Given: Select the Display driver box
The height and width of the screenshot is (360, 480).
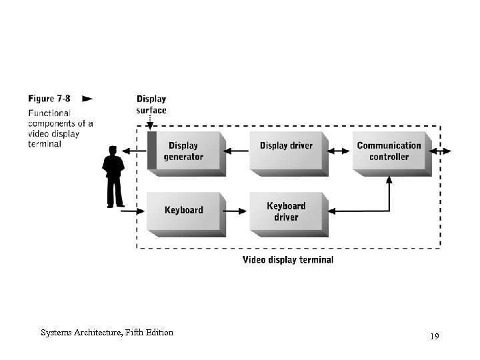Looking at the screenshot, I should click(287, 151).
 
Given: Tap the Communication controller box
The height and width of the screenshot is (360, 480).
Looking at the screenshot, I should click(389, 151).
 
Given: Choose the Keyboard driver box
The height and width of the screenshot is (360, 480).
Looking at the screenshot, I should click(287, 211).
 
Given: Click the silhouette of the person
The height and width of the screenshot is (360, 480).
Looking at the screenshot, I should click(114, 177).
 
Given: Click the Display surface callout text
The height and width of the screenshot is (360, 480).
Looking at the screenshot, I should click(151, 105).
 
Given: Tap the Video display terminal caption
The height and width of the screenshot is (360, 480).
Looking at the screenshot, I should click(287, 259).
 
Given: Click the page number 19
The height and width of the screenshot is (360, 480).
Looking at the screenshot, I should click(434, 337).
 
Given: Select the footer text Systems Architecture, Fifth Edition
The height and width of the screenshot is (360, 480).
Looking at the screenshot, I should click(107, 332).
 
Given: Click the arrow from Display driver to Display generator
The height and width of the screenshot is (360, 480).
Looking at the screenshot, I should click(236, 151).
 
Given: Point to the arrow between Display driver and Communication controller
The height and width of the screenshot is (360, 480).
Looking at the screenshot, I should click(339, 151).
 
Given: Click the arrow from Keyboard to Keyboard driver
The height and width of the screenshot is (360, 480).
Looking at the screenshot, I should click(236, 211).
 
